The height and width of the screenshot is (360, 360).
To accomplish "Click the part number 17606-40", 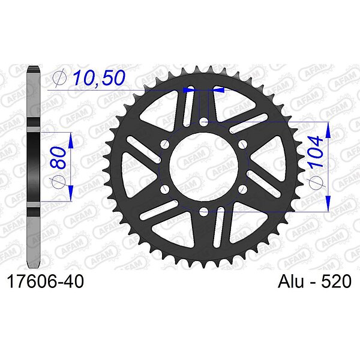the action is pyautogui.click(x=46, y=281).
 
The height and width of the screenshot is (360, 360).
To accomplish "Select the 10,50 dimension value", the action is pyautogui.click(x=99, y=77).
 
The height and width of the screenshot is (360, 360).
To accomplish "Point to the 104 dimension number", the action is pyautogui.click(x=316, y=151).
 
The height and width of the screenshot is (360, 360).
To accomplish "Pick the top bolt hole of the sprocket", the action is pyautogui.click(x=203, y=122).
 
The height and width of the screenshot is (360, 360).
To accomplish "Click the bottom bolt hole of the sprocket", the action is pyautogui.click(x=203, y=212).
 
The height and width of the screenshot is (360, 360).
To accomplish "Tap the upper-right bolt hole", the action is pyautogui.click(x=242, y=145).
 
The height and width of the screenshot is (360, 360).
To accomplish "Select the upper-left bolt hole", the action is pyautogui.click(x=164, y=145).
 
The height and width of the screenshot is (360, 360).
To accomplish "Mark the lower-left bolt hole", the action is pyautogui.click(x=164, y=189).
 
